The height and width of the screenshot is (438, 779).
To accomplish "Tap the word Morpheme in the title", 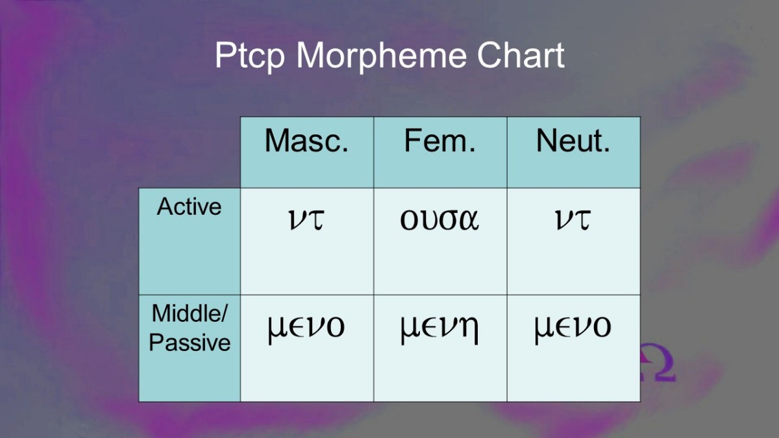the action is (x=381, y=55).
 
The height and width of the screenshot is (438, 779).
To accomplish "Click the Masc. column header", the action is (x=306, y=140).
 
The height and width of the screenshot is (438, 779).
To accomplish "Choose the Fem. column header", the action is (x=439, y=140).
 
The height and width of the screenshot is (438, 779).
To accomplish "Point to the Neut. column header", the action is (x=573, y=140).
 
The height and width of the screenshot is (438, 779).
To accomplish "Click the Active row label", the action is (x=189, y=207).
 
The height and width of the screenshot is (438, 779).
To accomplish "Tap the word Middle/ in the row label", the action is (x=190, y=313).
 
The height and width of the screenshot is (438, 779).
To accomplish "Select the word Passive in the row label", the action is (x=190, y=343).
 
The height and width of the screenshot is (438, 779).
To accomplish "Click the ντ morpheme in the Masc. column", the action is (x=306, y=220).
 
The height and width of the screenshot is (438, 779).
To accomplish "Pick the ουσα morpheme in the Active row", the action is (x=439, y=220).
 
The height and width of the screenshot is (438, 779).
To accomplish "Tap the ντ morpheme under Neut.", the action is (x=573, y=220).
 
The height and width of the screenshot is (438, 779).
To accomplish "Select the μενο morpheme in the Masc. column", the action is (x=306, y=328).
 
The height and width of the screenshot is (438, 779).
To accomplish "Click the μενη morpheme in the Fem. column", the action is (x=439, y=328).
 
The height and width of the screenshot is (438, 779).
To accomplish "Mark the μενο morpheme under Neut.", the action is (x=573, y=328).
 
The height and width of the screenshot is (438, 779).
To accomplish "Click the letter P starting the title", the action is (x=225, y=55).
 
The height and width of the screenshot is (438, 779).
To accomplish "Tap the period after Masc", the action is (x=345, y=150).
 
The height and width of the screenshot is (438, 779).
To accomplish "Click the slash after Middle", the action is (x=224, y=313).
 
